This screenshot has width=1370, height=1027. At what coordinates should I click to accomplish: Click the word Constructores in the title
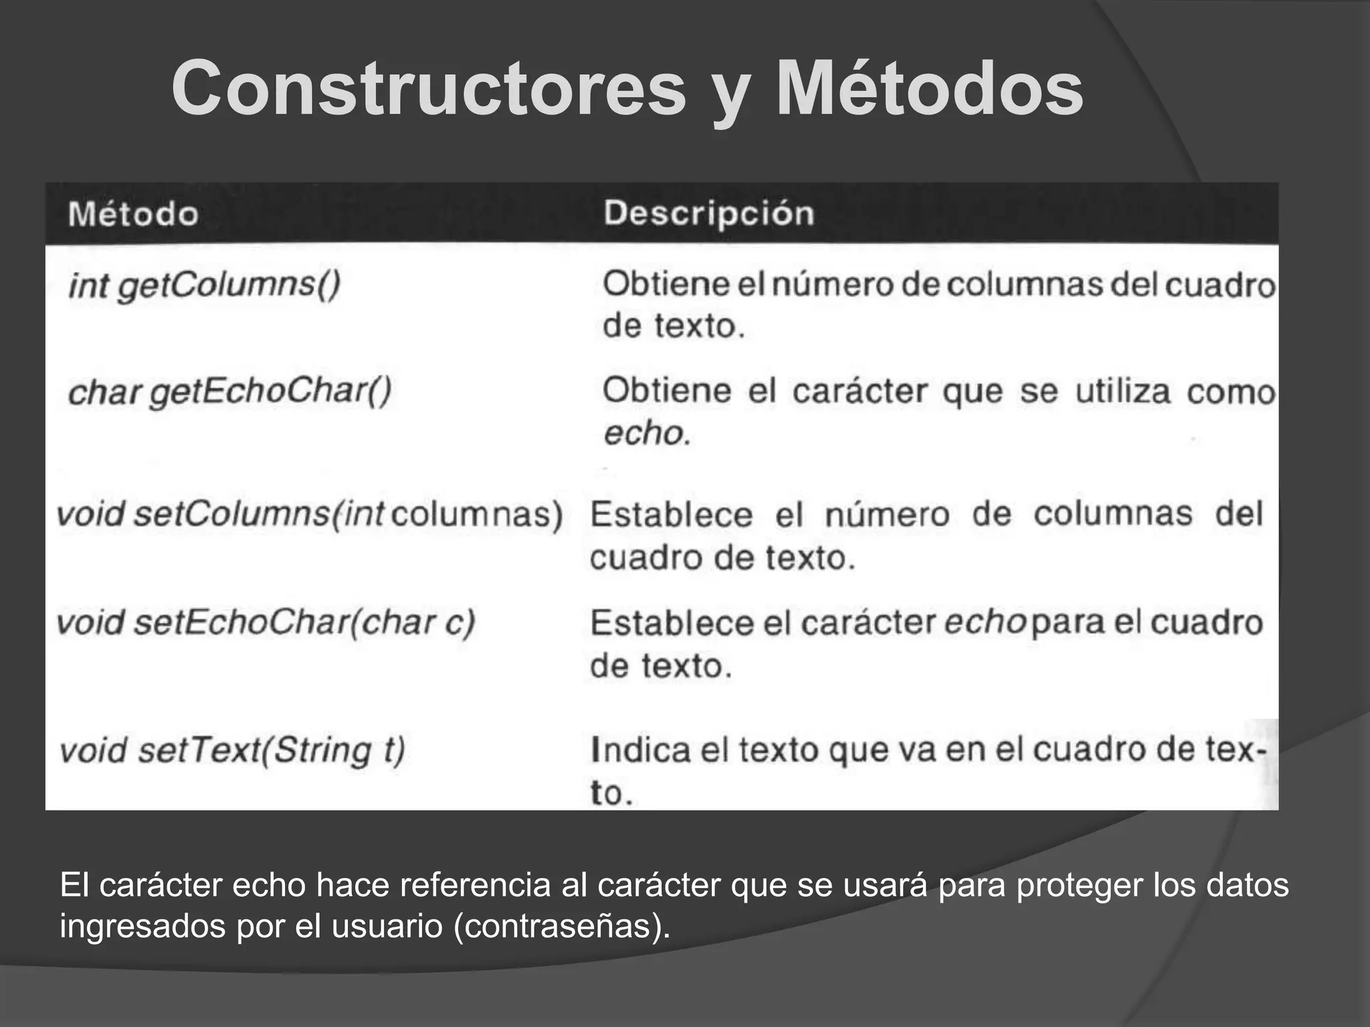(429, 89)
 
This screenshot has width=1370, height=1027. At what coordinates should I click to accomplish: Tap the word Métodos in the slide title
(929, 89)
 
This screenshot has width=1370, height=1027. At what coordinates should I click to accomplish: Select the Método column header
(133, 214)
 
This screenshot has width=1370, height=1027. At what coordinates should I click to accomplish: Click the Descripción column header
(709, 213)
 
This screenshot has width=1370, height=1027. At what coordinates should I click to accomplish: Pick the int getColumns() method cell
(205, 286)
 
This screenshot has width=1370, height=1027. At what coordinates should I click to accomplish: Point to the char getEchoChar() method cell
(229, 392)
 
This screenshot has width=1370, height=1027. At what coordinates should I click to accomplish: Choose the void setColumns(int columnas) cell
(310, 514)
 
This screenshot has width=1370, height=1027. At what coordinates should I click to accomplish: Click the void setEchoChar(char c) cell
(266, 622)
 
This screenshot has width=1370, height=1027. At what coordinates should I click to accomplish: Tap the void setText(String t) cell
(232, 750)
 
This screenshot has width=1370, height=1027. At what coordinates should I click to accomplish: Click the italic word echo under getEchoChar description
(645, 434)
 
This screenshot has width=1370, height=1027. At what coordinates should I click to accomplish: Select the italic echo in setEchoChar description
(985, 622)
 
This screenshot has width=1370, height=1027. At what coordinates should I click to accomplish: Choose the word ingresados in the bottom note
(142, 926)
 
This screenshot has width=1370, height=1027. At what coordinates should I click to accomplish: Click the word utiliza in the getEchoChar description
(1123, 392)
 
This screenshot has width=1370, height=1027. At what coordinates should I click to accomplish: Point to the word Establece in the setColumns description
(671, 514)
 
